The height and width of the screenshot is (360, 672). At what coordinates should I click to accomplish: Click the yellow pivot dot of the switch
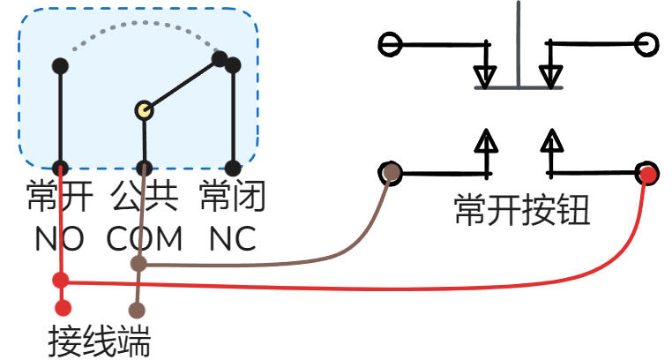click(145, 110)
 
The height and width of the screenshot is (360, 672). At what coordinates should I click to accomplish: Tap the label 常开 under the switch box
click(59, 196)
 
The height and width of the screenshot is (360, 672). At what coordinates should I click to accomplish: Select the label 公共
click(145, 196)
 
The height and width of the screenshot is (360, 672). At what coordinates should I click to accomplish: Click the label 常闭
click(232, 196)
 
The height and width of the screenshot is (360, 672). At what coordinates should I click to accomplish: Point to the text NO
click(59, 238)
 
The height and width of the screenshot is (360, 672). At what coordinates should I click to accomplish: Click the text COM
click(145, 238)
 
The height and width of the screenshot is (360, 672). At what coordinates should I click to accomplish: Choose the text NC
click(232, 238)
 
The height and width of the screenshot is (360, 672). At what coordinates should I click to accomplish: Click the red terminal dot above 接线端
click(62, 308)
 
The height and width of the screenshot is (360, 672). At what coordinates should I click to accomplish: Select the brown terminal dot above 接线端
click(137, 310)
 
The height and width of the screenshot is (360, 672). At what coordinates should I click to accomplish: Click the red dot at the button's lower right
click(647, 174)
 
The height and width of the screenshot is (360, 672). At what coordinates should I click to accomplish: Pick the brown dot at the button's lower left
click(391, 172)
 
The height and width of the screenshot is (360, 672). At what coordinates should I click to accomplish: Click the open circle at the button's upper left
click(389, 44)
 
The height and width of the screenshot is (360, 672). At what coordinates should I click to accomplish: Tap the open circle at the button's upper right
click(646, 44)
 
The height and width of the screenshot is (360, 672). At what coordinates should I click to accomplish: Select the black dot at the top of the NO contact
click(60, 66)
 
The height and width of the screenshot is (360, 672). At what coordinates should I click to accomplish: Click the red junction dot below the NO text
click(60, 281)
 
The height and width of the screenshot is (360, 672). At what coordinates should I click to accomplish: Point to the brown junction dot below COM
click(138, 263)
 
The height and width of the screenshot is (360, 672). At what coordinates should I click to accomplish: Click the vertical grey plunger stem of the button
click(519, 44)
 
